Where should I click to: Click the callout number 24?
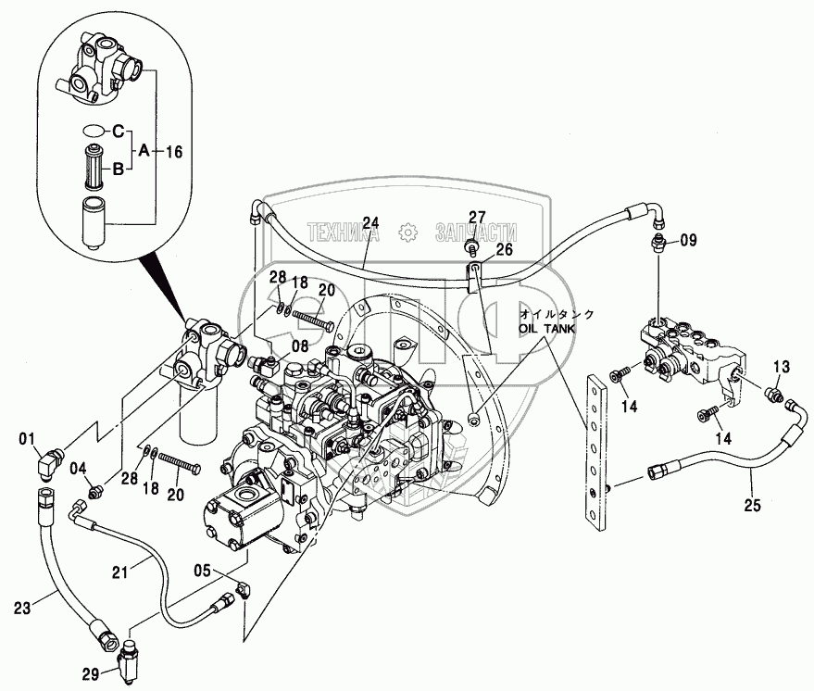click(x=370, y=222)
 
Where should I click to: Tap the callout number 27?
click(x=476, y=218)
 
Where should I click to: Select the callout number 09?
click(x=688, y=241)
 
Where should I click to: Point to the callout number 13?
click(x=781, y=367)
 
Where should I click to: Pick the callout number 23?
click(x=21, y=609)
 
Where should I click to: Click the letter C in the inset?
click(x=119, y=131)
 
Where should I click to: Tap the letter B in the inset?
click(x=119, y=169)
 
